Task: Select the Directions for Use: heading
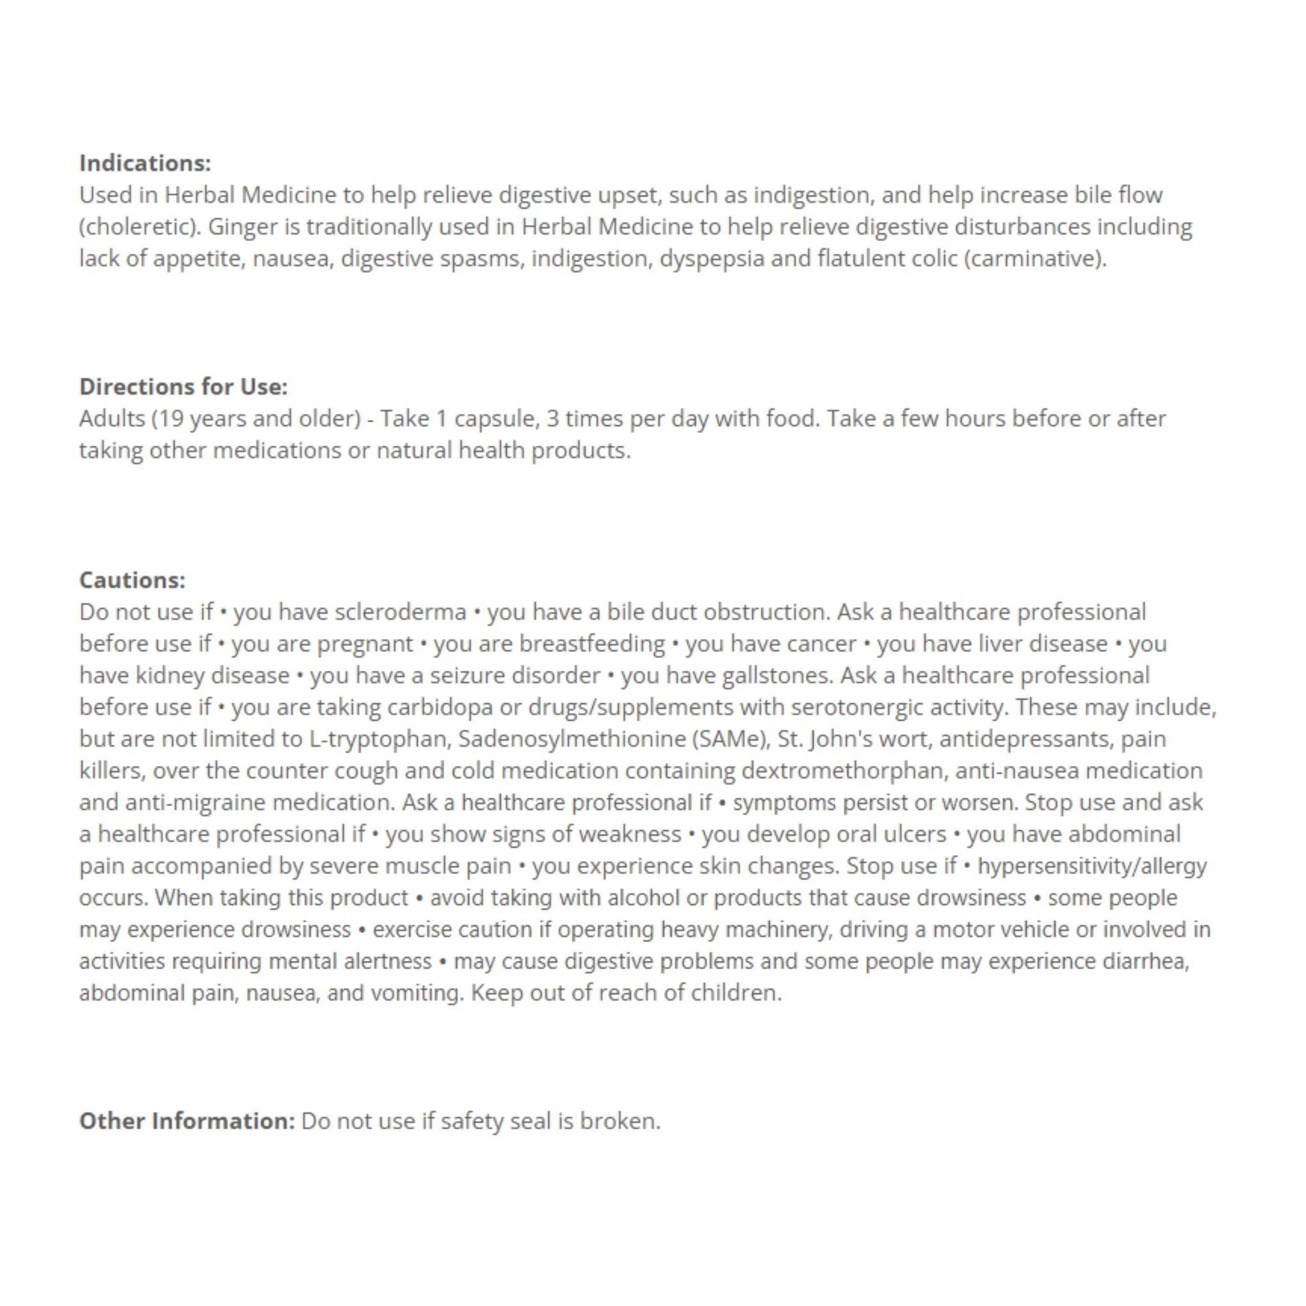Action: pos(183,386)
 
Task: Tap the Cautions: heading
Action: pos(132,580)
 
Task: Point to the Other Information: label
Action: pos(187,1121)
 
